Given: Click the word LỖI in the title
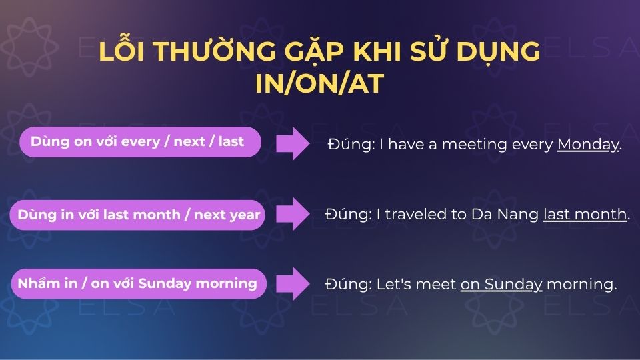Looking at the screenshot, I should tap(121, 52).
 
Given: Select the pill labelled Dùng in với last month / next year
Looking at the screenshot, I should tap(139, 215).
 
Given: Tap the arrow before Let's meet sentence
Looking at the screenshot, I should tap(293, 283).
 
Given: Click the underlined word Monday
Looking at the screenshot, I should tap(588, 145).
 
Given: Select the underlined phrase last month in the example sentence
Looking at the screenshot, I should tap(585, 215).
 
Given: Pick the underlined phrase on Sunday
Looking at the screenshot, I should tap(501, 285).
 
